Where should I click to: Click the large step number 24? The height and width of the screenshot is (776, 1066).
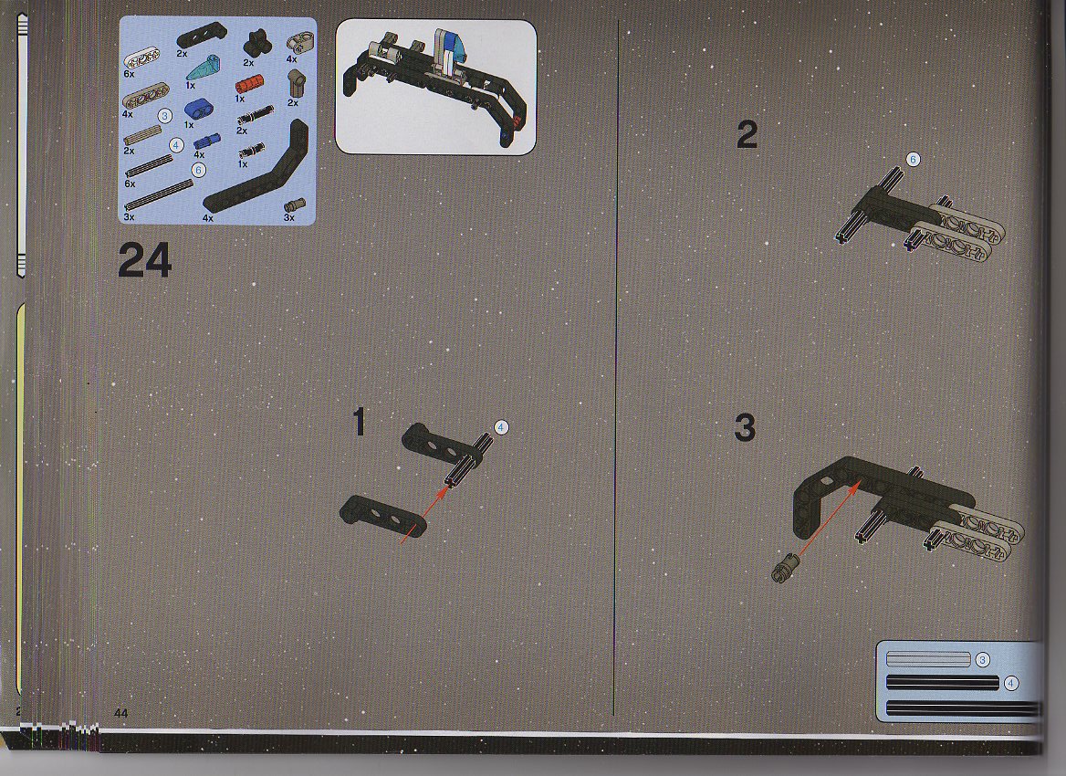click(145, 261)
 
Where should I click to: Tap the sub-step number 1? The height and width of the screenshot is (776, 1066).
click(360, 422)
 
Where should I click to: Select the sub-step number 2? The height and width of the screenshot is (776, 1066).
click(747, 135)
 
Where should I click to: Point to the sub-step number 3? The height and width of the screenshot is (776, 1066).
click(745, 428)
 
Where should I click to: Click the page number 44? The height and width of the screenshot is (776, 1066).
click(121, 713)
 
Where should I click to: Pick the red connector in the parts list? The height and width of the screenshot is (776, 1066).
click(249, 86)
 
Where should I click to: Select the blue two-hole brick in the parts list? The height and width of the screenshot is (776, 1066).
click(199, 109)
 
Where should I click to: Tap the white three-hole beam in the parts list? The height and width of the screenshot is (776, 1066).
click(141, 60)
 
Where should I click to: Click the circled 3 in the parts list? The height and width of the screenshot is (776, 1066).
click(164, 116)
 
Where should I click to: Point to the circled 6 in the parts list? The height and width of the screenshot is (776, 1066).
click(198, 170)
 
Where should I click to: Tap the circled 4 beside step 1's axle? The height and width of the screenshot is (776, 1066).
click(501, 428)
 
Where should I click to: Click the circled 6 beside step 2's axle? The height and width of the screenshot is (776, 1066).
click(913, 160)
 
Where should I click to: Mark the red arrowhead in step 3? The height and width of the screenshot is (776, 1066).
click(857, 485)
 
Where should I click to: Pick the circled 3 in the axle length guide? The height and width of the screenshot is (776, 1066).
click(982, 660)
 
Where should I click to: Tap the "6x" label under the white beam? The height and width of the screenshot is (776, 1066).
click(130, 73)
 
